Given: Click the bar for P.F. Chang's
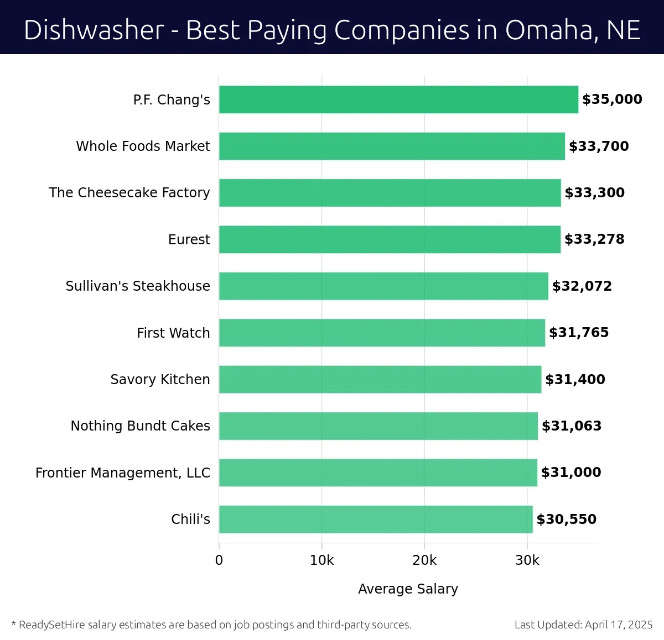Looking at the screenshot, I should point(398,99).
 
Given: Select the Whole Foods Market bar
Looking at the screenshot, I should point(392,146).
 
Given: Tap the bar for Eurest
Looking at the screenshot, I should point(390,239).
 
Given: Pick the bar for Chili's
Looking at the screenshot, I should point(376,519).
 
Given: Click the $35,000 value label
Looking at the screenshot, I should point(612,99).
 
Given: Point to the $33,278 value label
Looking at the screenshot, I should point(594,239).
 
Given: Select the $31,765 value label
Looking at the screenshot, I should point(579,333).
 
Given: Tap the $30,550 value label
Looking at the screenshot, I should point(567,520).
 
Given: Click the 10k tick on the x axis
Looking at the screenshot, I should point(321,560).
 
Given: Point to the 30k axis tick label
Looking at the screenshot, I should point(527,560).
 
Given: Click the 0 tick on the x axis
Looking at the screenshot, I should point(219,560).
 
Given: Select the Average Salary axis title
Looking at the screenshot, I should point(408,589).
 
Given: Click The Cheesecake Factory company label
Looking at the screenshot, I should point(129,193).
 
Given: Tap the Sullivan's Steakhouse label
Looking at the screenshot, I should point(138,286).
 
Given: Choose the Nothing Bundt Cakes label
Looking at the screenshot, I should point(141,426).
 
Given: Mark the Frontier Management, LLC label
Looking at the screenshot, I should point(123,473).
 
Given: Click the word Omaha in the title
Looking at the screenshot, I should point(551,30).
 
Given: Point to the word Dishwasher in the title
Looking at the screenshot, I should point(94,30).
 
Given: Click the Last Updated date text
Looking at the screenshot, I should point(583,625).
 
